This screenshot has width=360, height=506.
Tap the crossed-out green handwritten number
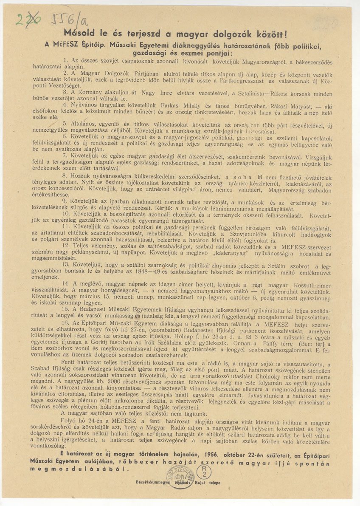[x=26, y=20]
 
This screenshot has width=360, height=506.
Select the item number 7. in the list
[x=65, y=155]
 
